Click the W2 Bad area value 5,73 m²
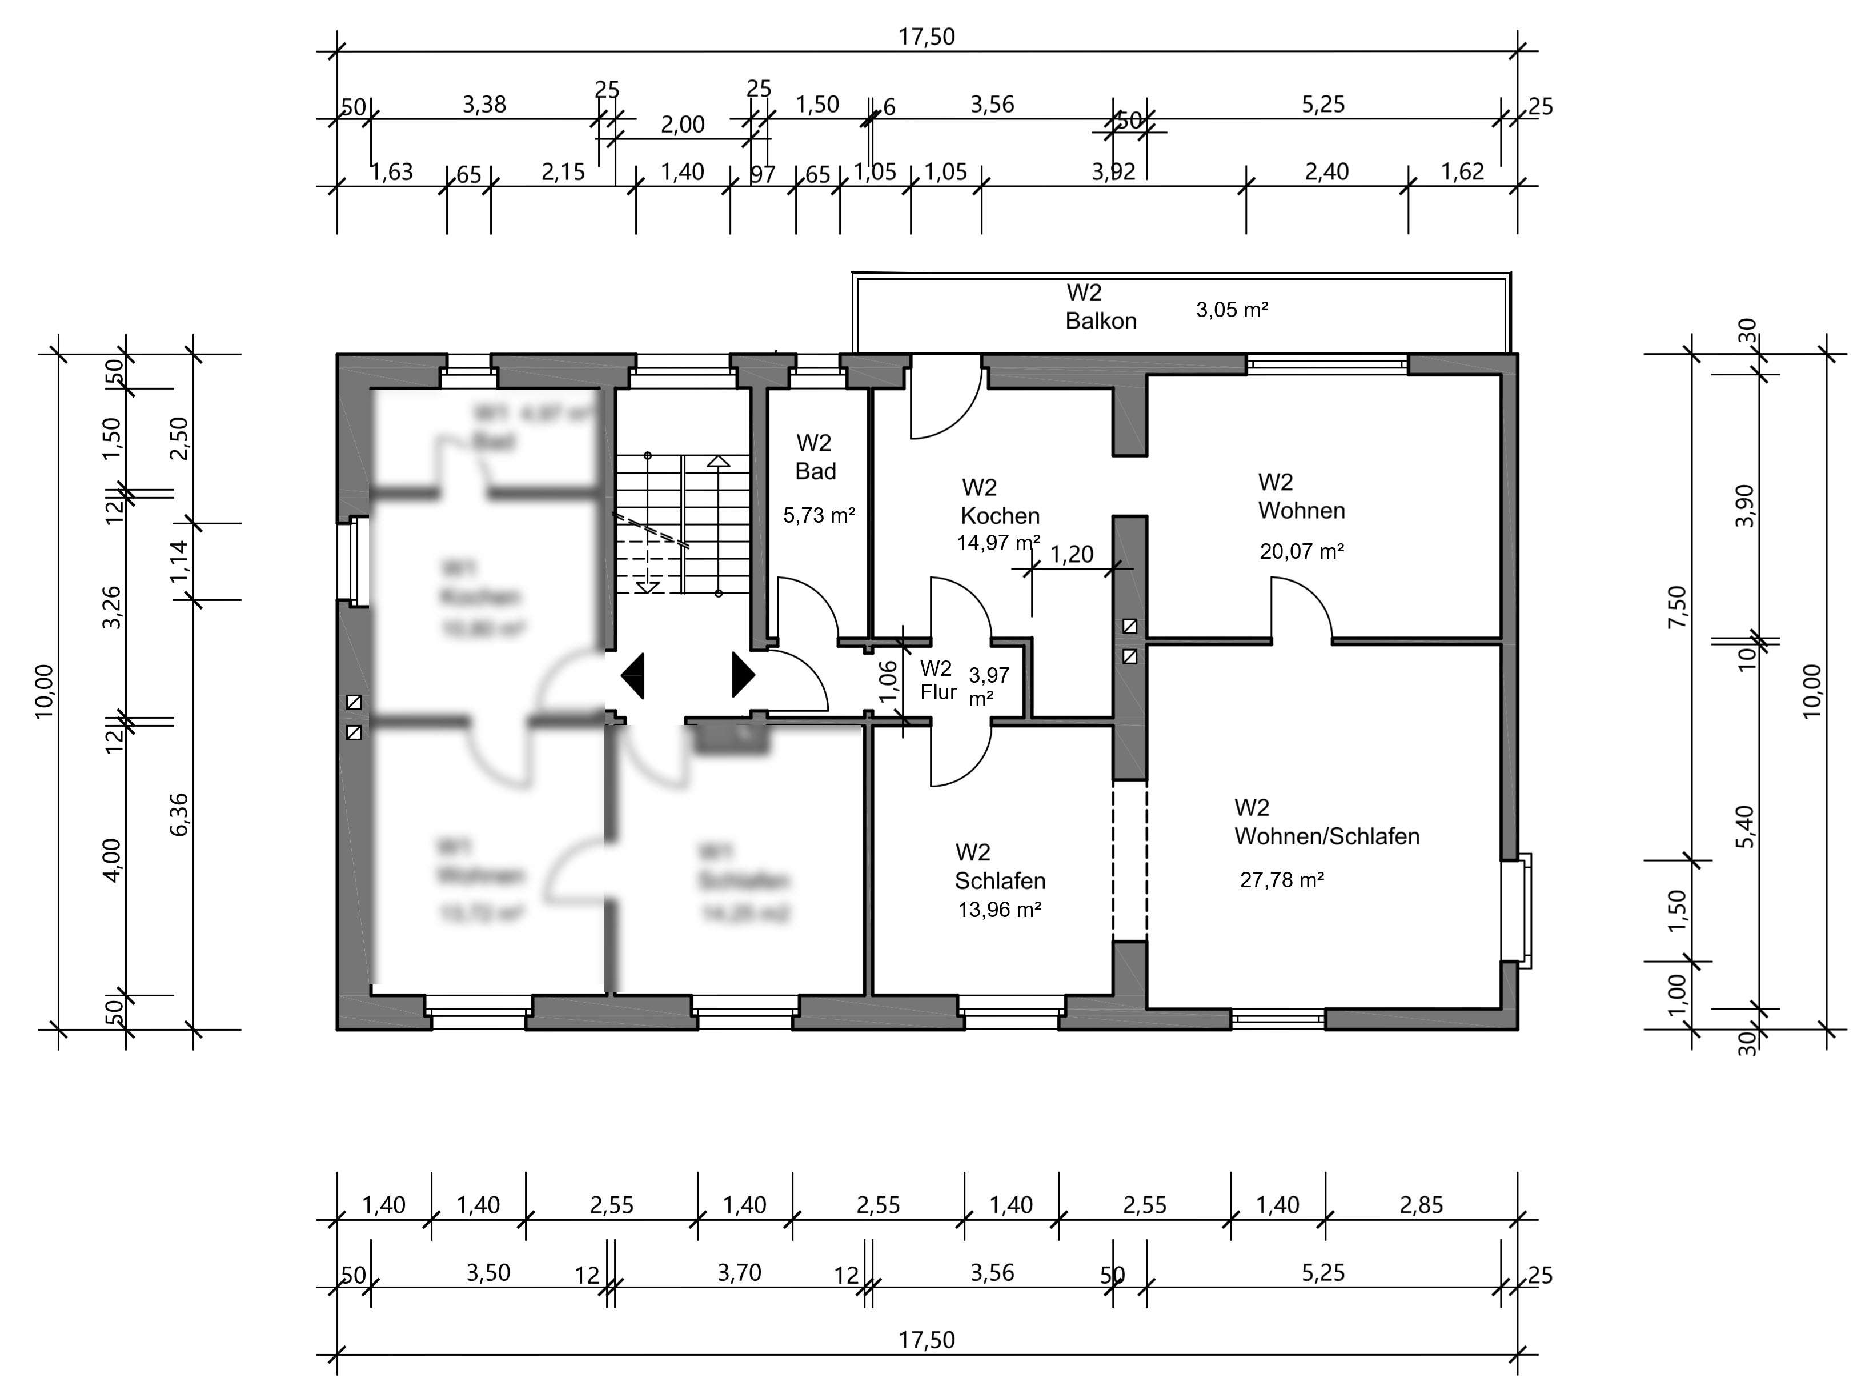click(x=819, y=515)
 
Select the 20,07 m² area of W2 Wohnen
click(x=1301, y=551)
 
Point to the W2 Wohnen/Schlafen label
click(x=1326, y=822)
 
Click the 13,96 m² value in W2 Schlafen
click(x=999, y=910)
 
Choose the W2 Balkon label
click(x=1100, y=307)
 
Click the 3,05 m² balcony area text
click(x=1232, y=310)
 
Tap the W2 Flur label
click(x=937, y=680)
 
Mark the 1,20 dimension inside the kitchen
click(x=1071, y=554)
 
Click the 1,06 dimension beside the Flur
click(x=888, y=681)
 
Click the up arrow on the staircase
click(x=718, y=462)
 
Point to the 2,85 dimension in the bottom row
click(x=1421, y=1205)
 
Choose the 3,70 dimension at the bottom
click(x=739, y=1272)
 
